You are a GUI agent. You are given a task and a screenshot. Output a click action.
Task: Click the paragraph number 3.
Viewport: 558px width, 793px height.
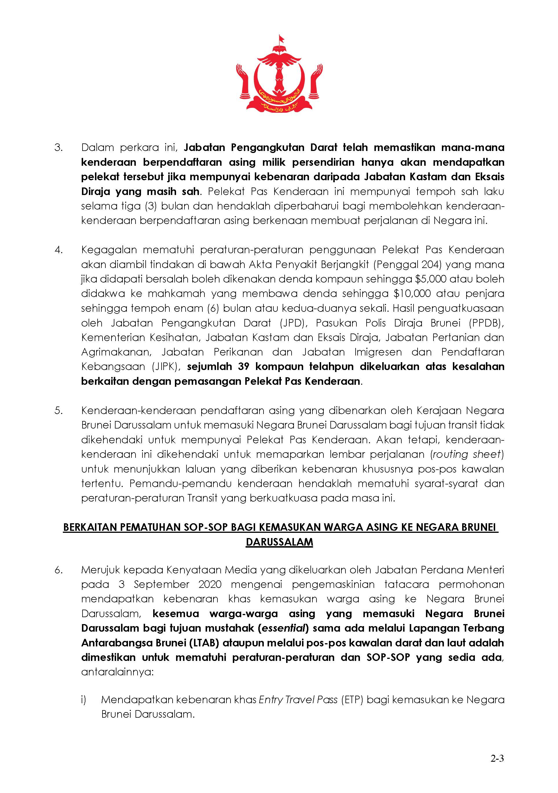tap(58, 147)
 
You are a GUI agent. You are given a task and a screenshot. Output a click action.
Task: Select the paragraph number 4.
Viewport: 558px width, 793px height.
tap(58, 250)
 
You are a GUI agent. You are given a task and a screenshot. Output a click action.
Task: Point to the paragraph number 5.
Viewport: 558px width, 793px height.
tap(58, 411)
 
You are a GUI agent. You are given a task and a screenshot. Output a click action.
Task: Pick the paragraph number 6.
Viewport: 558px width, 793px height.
tap(58, 570)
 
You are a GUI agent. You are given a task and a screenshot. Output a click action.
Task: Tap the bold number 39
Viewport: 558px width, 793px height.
tap(244, 367)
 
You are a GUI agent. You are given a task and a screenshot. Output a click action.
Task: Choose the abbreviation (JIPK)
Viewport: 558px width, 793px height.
tap(166, 367)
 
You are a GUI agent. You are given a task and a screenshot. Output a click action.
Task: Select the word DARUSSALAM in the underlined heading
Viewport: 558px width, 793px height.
tap(279, 542)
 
